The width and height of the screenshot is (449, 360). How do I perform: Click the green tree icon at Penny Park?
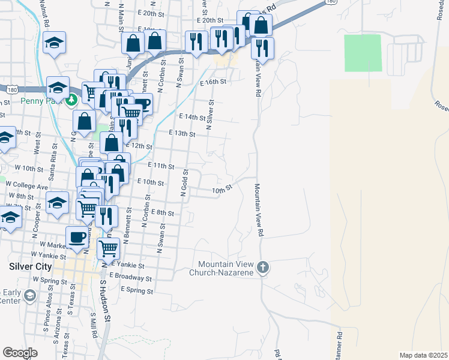(x=72, y=100)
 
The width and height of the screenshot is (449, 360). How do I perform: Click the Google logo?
(x=20, y=353)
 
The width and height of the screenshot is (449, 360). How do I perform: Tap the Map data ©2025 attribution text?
(x=423, y=355)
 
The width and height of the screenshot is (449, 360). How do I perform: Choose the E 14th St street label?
(x=192, y=116)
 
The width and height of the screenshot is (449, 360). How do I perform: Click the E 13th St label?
(x=182, y=133)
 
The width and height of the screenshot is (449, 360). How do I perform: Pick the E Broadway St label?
(x=131, y=278)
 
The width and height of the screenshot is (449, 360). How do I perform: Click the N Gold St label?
(x=184, y=182)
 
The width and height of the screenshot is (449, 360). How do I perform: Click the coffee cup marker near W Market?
(x=77, y=237)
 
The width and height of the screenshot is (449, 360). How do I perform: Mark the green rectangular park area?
(x=363, y=53)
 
